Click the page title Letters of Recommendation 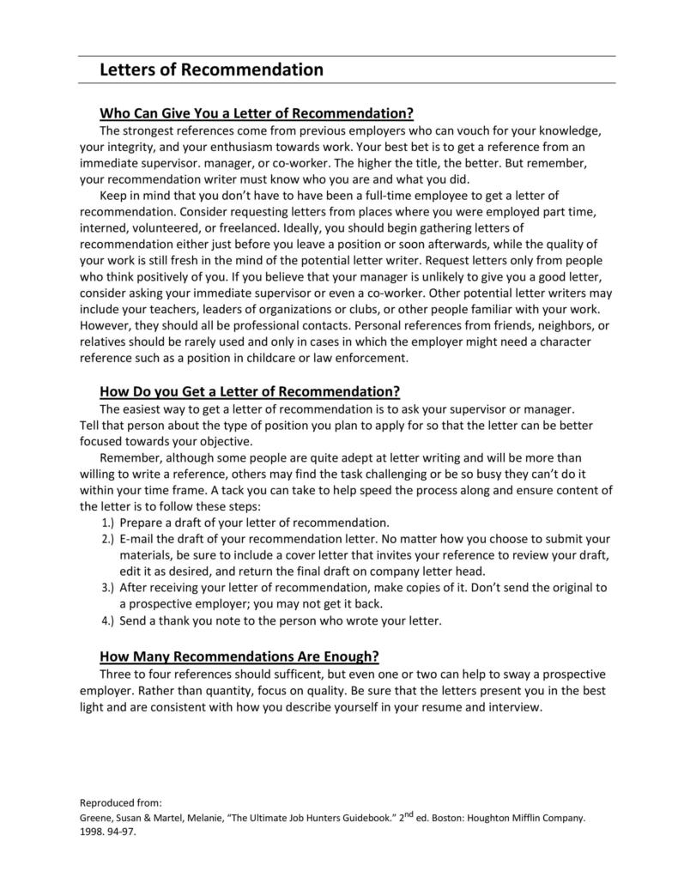211,70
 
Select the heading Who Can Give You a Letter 257,112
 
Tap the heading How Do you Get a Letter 250,391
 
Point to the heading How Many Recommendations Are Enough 239,656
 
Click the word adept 392,457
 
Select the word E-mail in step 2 139,539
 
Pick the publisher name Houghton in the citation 504,819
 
